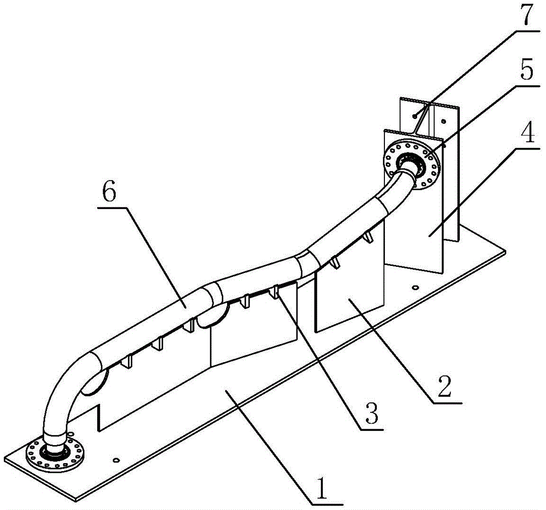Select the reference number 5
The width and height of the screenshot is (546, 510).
click(525, 71)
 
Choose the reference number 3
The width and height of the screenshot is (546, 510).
click(371, 413)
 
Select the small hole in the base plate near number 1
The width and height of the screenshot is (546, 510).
click(117, 460)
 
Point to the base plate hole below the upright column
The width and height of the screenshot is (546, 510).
click(415, 288)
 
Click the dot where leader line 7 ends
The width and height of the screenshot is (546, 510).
click(414, 116)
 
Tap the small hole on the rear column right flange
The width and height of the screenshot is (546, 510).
click(443, 121)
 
